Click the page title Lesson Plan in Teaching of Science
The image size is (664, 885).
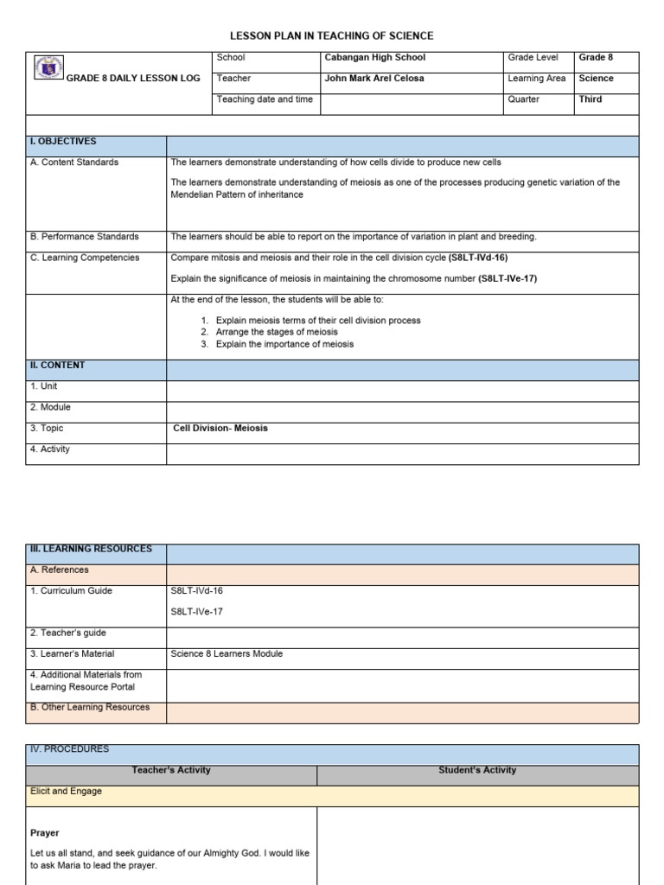tap(331, 35)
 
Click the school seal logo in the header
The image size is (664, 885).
tap(49, 68)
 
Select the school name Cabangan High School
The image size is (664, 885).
tap(374, 58)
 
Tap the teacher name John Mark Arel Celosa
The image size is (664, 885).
tap(373, 79)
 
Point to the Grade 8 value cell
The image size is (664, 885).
tap(596, 58)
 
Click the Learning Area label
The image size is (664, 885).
tap(537, 79)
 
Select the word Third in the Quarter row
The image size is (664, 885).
tap(591, 99)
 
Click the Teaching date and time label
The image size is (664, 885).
tap(265, 99)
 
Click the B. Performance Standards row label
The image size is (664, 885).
tap(84, 237)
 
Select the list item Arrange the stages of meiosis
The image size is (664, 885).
tap(277, 332)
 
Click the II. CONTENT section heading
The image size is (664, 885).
tap(57, 366)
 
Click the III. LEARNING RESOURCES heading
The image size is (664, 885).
tap(91, 549)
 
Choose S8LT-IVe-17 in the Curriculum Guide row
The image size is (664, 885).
tap(197, 612)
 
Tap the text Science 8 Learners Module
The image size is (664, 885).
tap(227, 654)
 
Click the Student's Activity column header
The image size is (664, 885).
tap(477, 770)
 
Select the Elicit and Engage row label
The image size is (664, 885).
tap(66, 792)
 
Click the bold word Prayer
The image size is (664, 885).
tap(45, 833)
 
